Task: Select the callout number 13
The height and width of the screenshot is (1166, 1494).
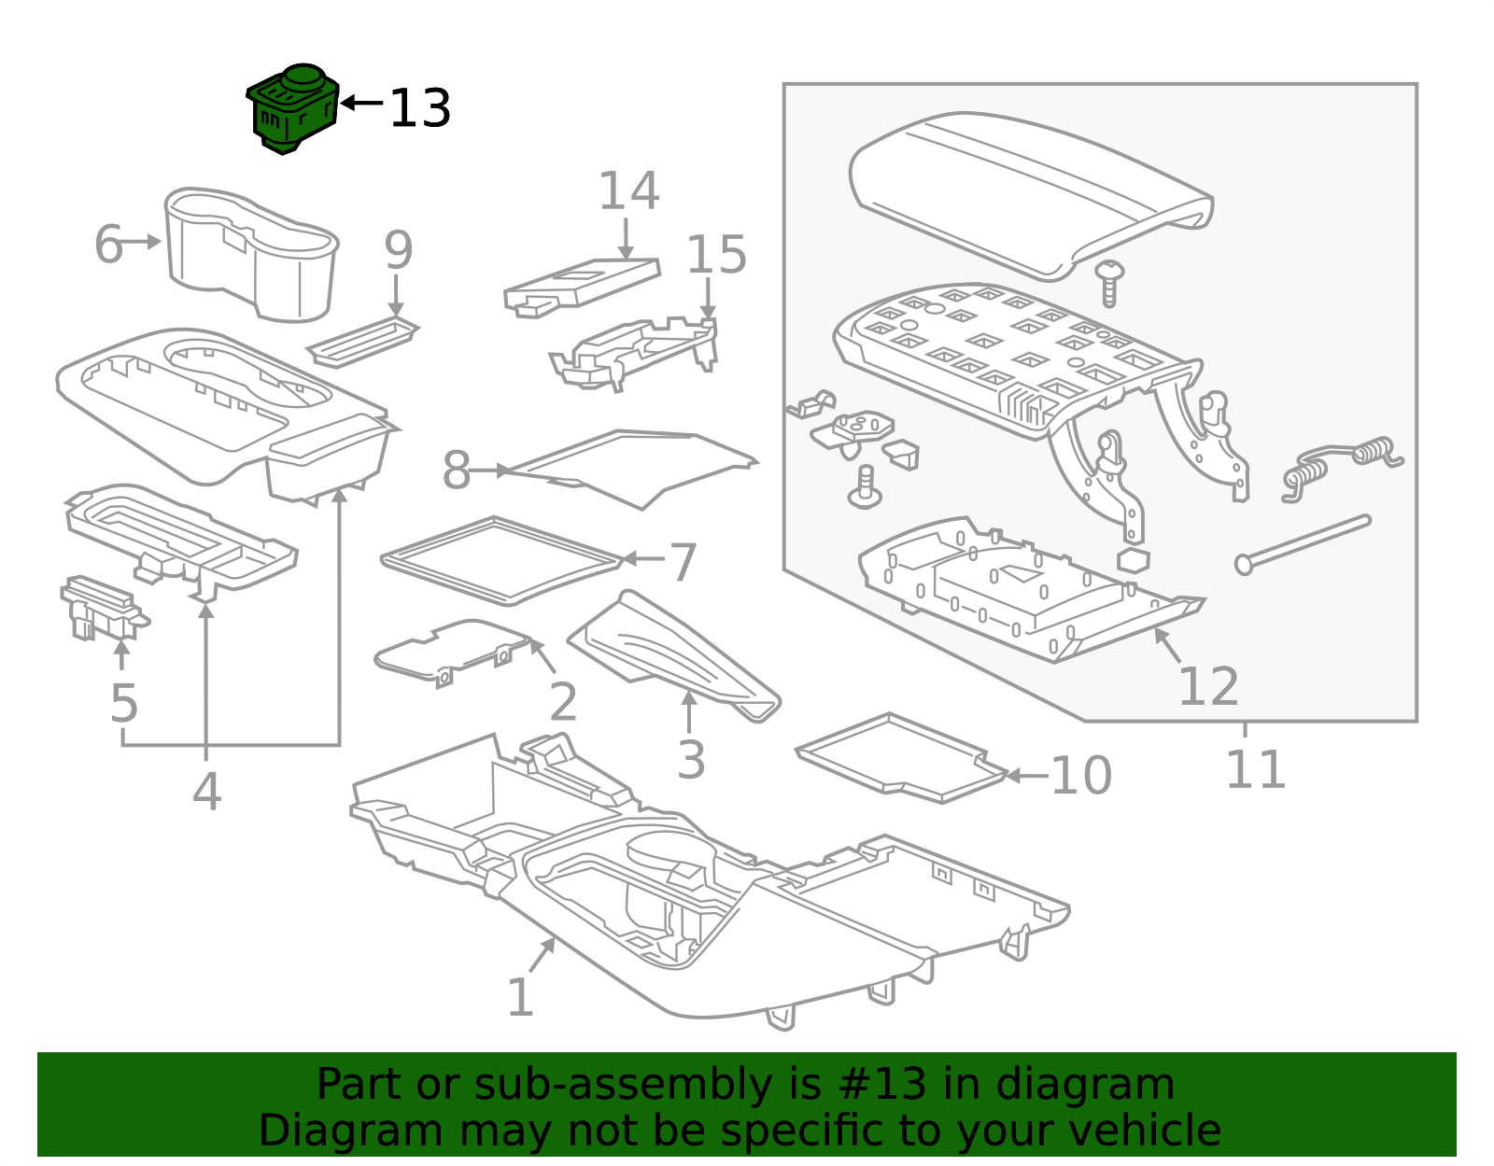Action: (419, 109)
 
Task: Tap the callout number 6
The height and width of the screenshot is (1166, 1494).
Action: (108, 245)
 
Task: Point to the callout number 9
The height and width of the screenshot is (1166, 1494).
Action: (398, 250)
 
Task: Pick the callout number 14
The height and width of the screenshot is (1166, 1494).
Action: (628, 191)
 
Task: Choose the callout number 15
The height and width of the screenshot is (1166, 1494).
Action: (716, 255)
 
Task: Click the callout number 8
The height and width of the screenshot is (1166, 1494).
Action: (456, 471)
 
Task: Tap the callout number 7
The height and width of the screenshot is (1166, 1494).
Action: (683, 562)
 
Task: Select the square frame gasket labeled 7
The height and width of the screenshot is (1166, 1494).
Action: (502, 560)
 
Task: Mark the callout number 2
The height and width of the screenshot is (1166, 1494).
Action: (562, 702)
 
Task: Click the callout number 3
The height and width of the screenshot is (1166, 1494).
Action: (690, 760)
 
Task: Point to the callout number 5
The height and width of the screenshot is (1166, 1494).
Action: (123, 703)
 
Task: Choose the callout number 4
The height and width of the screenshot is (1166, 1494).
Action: (206, 792)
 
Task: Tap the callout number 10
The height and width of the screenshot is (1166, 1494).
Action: (1080, 776)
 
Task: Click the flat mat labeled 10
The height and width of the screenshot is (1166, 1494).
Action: (901, 756)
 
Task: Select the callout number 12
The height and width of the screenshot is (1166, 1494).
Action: (1207, 687)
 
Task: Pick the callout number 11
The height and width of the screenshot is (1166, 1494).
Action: (1254, 770)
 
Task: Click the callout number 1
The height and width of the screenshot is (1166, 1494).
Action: (519, 998)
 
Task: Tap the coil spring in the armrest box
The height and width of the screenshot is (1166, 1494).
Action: (1345, 459)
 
